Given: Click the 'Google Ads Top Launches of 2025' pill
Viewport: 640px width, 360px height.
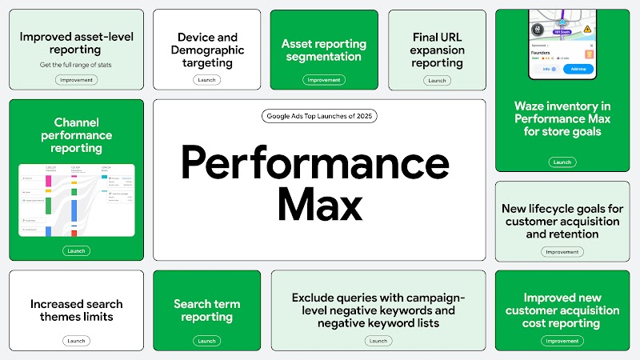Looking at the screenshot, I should [319, 116].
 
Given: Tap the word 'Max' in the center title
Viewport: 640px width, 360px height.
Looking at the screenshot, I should [319, 204].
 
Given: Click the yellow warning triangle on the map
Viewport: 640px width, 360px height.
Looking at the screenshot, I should [586, 28].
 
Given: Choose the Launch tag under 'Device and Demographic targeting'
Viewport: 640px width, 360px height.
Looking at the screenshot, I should [206, 80].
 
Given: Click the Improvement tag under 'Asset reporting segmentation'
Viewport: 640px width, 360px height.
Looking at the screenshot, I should [323, 80].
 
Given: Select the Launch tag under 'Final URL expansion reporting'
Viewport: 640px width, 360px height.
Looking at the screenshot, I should [437, 80].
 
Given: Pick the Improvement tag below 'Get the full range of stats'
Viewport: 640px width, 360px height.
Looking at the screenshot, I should [76, 80].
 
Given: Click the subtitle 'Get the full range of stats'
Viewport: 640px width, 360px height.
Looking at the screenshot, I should [76, 64].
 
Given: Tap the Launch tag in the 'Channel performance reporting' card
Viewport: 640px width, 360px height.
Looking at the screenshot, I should [76, 250].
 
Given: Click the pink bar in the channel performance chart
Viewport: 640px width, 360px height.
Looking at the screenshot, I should [48, 182].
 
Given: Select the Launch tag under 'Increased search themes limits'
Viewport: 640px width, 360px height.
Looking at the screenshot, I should [76, 341].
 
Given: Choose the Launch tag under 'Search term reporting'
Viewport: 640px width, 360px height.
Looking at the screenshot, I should [206, 341].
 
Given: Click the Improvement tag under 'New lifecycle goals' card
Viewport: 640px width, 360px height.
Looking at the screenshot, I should [562, 251].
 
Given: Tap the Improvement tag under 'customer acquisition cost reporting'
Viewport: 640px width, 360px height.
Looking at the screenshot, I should [562, 341].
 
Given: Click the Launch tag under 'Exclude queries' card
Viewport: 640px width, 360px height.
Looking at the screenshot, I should [378, 341].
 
